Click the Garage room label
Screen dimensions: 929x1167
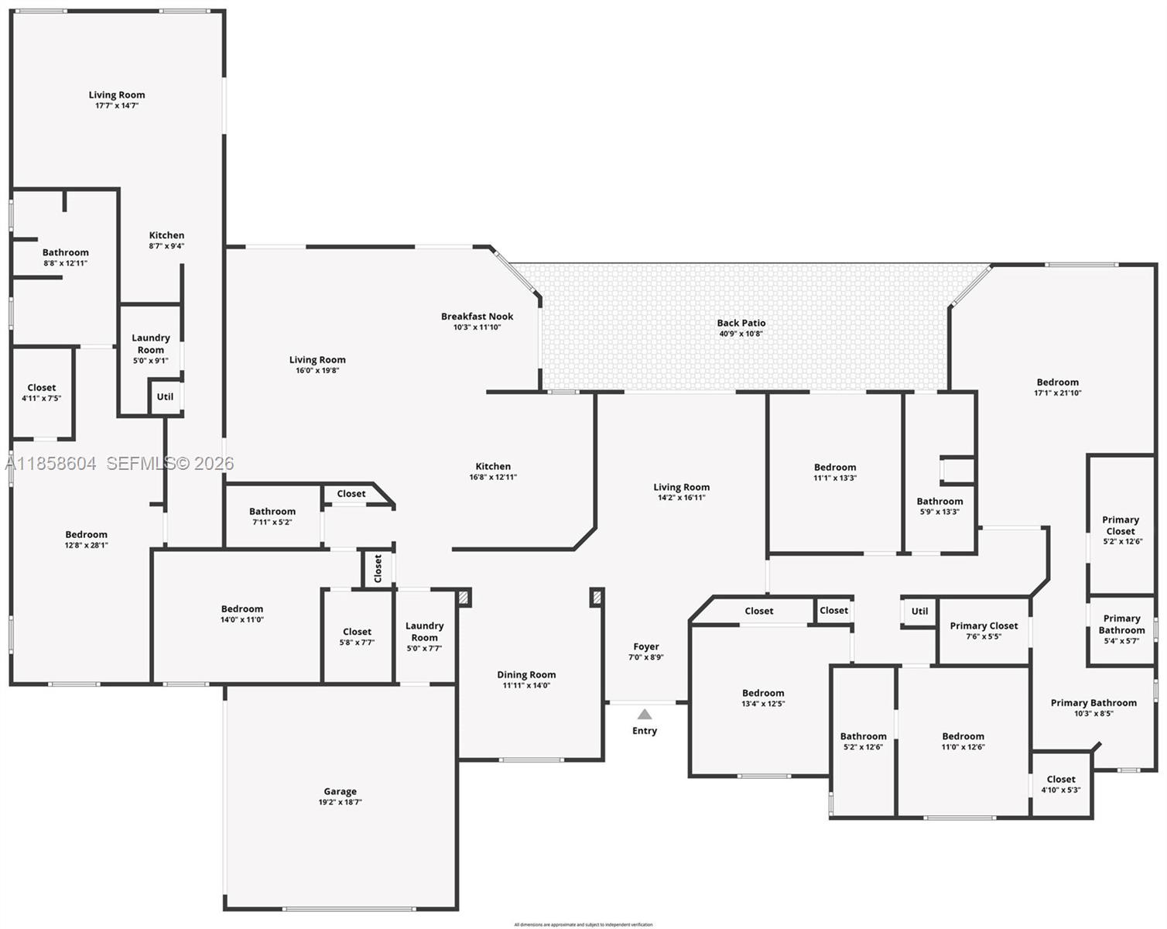click(340, 791)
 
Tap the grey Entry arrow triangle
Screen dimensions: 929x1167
click(645, 715)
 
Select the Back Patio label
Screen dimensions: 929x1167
click(741, 323)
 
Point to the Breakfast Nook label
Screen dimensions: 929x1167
click(477, 316)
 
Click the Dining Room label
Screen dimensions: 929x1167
click(526, 674)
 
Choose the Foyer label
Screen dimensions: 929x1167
click(646, 646)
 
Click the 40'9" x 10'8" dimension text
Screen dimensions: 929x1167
click(741, 334)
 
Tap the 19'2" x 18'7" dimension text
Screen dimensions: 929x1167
click(340, 802)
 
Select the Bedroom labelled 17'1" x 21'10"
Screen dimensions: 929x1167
click(1057, 382)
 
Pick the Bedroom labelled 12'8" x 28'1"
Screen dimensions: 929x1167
click(86, 534)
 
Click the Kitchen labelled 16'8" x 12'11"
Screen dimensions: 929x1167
click(493, 466)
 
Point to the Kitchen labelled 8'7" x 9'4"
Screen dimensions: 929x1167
click(166, 235)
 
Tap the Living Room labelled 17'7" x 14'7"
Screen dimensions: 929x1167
click(117, 94)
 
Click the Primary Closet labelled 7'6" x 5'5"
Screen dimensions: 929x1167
click(984, 626)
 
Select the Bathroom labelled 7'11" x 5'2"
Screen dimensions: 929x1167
click(272, 511)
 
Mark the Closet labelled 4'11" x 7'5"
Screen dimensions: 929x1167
click(41, 387)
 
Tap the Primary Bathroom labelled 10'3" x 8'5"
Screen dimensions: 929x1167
click(1093, 703)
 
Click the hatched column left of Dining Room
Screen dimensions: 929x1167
click(464, 597)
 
